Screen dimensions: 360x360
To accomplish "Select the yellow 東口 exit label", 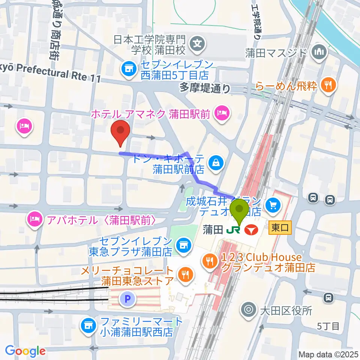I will click(x=279, y=228).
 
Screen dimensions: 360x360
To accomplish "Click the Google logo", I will click(x=25, y=351).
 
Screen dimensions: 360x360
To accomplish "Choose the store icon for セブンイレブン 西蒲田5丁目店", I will click(x=129, y=68).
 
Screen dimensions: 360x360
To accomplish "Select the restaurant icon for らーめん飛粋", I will click(x=328, y=85).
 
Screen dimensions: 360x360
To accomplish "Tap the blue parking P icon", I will click(x=126, y=299).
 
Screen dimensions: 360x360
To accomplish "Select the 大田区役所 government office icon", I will click(x=248, y=310).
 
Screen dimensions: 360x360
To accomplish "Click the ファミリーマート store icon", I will click(x=88, y=324).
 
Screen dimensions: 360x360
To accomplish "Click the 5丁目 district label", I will click(x=328, y=326).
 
